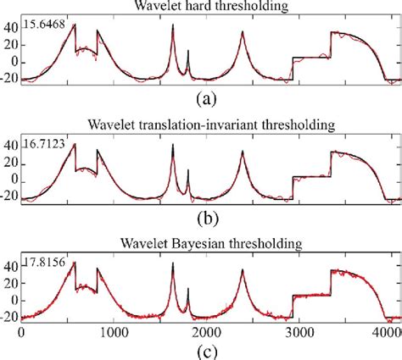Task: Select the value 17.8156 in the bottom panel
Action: pyautogui.click(x=42, y=259)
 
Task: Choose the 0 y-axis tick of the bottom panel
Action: pyautogui.click(x=13, y=302)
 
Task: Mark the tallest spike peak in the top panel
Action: pyautogui.click(x=173, y=25)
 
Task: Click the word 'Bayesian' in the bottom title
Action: pyautogui.click(x=209, y=246)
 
